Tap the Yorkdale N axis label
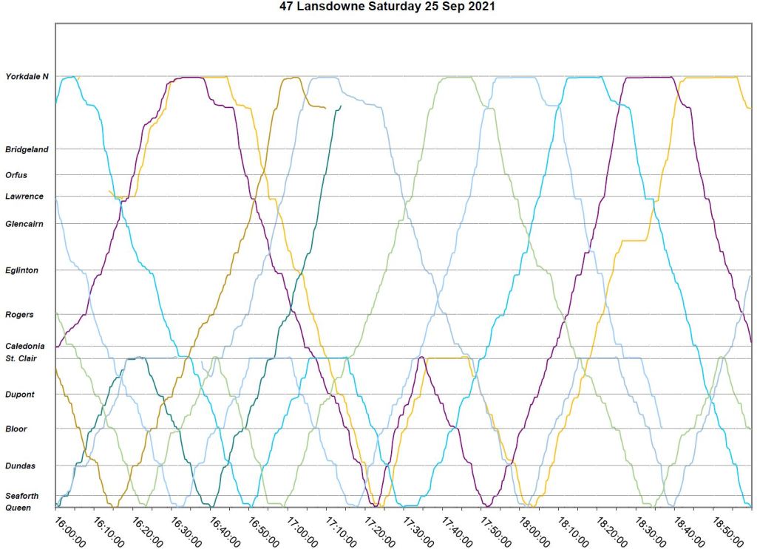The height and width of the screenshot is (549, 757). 27,77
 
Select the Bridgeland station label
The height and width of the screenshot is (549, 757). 27,149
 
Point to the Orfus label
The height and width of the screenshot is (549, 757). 16,175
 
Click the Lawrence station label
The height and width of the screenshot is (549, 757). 24,197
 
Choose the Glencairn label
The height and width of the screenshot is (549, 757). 25,223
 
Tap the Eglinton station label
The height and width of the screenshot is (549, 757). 21,270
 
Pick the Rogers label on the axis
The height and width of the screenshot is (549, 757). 19,315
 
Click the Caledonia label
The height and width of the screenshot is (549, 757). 25,346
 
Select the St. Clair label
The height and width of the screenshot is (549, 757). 21,358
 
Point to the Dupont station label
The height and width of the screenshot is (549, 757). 20,395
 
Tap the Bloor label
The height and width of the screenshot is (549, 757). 17,429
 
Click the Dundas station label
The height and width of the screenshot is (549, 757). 20,466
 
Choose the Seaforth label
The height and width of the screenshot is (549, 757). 22,496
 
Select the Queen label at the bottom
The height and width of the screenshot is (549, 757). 18,508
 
